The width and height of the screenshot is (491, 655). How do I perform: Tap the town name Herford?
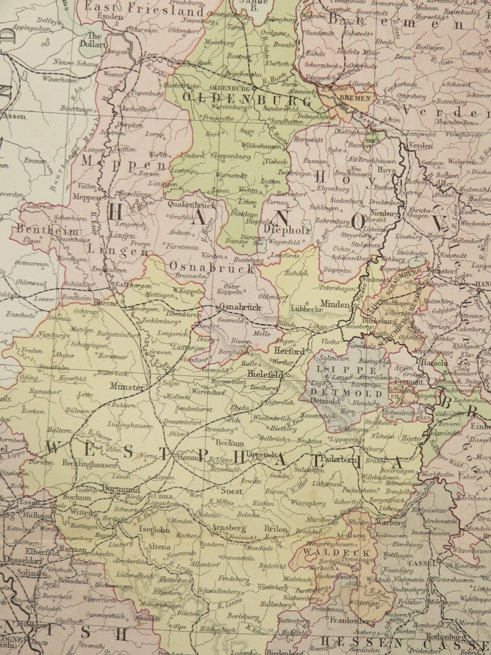pyautogui.click(x=289, y=351)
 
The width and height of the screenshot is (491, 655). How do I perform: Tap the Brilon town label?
pyautogui.click(x=276, y=529)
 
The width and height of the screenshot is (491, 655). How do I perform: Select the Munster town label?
pyautogui.click(x=127, y=387)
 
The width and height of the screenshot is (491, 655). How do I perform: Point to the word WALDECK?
pyautogui.click(x=328, y=552)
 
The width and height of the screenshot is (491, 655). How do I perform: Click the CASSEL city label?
pyautogui.click(x=422, y=563)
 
